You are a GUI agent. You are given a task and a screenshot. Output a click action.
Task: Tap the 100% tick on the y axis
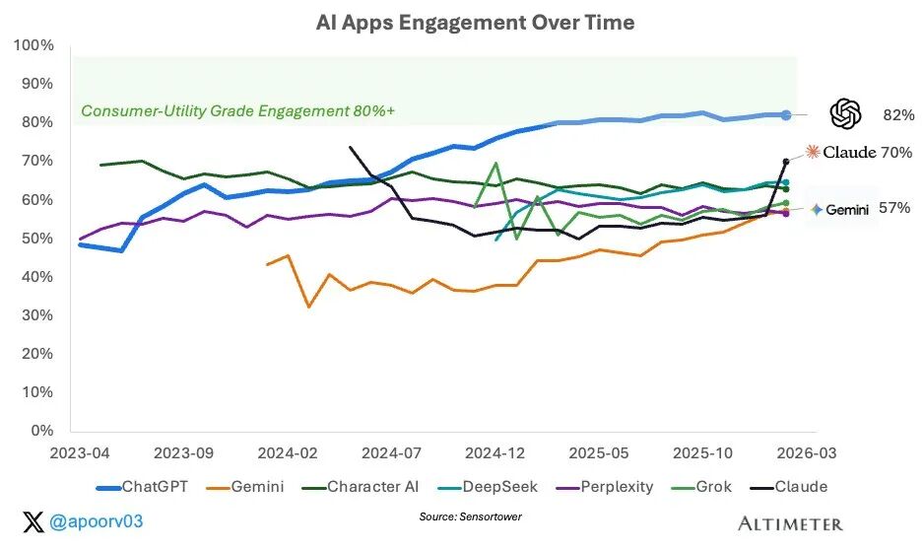tap(35, 46)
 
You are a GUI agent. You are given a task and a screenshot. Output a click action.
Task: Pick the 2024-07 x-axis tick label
tap(392, 452)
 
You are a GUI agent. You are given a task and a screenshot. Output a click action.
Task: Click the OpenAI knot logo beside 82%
tap(845, 114)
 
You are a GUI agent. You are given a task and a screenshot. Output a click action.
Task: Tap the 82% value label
tap(898, 115)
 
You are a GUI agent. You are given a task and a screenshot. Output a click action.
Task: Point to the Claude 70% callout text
tap(867, 153)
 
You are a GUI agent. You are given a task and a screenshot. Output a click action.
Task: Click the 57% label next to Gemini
tap(894, 209)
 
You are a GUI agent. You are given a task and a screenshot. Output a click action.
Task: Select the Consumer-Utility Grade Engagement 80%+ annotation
tap(237, 111)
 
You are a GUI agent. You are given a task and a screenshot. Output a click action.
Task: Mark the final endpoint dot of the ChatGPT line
tap(786, 115)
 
